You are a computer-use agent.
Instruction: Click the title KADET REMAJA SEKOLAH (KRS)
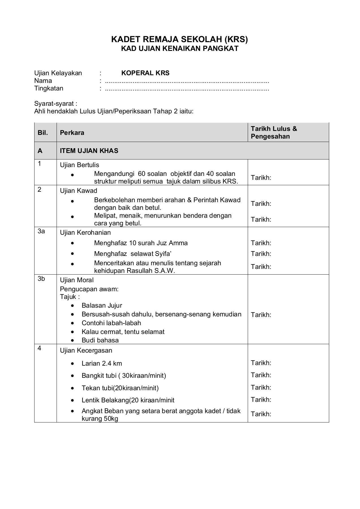tap(180, 39)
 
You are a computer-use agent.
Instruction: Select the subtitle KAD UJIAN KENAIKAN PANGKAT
tap(180, 49)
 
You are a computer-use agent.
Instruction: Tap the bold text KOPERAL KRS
tap(145, 73)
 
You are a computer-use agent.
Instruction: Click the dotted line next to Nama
tap(187, 81)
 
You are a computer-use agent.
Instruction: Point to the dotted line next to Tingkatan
tap(187, 89)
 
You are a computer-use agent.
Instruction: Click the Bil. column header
tap(43, 133)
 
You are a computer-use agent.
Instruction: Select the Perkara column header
tap(72, 133)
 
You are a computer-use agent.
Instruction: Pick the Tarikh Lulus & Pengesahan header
tap(274, 133)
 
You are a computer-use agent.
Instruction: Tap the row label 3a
tap(41, 231)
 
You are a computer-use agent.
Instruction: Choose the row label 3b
tap(41, 279)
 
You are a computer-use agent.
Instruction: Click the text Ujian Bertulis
tap(79, 165)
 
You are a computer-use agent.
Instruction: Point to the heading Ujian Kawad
tap(79, 191)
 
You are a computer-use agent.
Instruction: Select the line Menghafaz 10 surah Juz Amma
tap(141, 243)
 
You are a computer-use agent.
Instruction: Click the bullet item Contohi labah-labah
tap(111, 323)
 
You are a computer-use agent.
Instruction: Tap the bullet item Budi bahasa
tap(100, 340)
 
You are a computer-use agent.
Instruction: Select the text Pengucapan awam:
tap(89, 289)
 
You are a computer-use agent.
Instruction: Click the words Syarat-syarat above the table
tap(56, 103)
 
